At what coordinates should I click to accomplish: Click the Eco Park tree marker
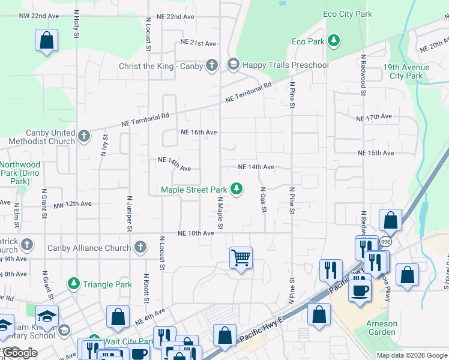click(x=334, y=41)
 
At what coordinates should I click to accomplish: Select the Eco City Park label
click(x=347, y=14)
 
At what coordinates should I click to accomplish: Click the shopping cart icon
click(x=241, y=258)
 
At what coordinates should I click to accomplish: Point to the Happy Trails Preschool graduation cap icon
click(x=233, y=64)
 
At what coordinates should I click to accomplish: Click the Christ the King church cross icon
click(x=211, y=65)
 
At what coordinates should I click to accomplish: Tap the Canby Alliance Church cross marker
click(x=140, y=247)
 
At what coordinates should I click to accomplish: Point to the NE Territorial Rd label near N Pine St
click(x=249, y=92)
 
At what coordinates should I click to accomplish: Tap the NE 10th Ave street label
click(x=196, y=233)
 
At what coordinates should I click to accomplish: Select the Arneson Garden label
click(x=382, y=327)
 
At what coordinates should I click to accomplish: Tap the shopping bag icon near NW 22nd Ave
click(x=47, y=41)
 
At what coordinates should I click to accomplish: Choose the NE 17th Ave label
click(x=374, y=117)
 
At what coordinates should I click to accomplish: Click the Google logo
click(x=19, y=353)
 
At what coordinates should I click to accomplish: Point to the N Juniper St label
click(x=129, y=212)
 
